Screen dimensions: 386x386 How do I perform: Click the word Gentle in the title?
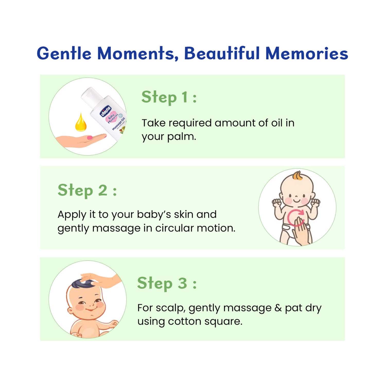pos(64,53)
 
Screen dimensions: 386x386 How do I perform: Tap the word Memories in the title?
pos(307,53)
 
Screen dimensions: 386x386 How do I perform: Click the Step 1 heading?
pos(169,97)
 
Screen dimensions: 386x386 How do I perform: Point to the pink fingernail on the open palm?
pos(90,137)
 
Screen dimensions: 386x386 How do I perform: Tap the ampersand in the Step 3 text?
pos(278,308)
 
